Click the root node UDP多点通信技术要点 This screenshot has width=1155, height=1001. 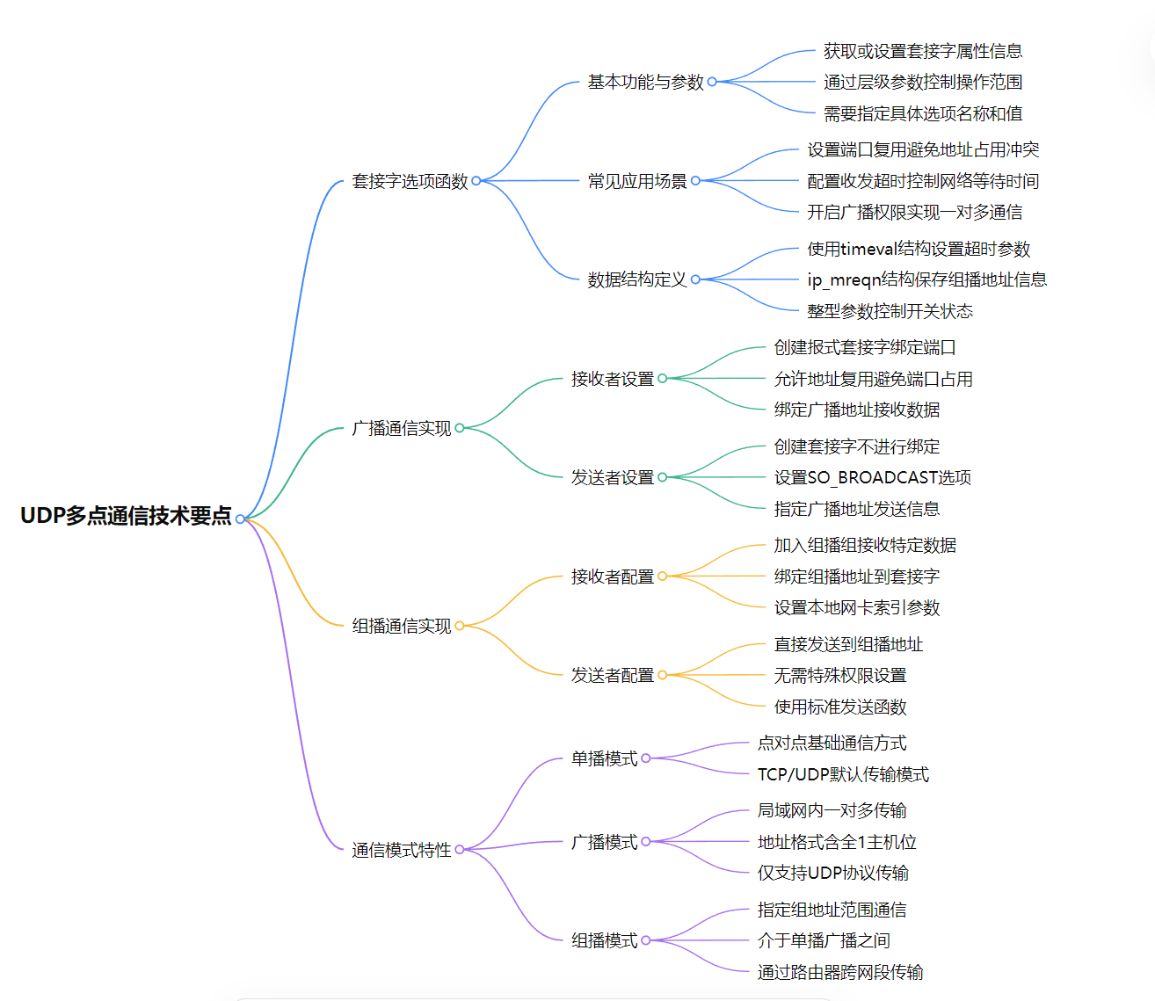pyautogui.click(x=126, y=516)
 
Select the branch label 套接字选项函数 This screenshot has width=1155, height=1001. pyautogui.click(x=410, y=181)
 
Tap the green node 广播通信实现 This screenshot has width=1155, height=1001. pyautogui.click(x=401, y=428)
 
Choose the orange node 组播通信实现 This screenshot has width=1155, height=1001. pyautogui.click(x=401, y=626)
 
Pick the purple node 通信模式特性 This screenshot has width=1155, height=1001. pyautogui.click(x=401, y=850)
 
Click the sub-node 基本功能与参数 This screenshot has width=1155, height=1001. pyautogui.click(x=645, y=82)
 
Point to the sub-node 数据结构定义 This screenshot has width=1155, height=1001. pyautogui.click(x=636, y=279)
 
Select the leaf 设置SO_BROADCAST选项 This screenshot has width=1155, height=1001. pyautogui.click(x=872, y=477)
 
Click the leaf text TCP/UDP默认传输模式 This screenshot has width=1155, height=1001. pyautogui.click(x=843, y=774)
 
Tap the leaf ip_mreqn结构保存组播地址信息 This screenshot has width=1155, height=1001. pyautogui.click(x=926, y=279)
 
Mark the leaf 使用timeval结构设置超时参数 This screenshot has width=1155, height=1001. pyautogui.click(x=919, y=249)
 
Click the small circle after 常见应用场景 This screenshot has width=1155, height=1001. pyautogui.click(x=695, y=181)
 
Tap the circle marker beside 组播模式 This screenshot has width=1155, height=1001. pyautogui.click(x=646, y=940)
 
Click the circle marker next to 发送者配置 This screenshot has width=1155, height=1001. pyautogui.click(x=662, y=675)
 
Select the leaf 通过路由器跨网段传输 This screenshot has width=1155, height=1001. pyautogui.click(x=839, y=972)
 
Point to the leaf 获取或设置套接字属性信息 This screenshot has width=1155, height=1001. pyautogui.click(x=922, y=51)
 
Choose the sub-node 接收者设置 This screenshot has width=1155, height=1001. pyautogui.click(x=612, y=379)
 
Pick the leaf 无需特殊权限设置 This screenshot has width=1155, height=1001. pyautogui.click(x=839, y=675)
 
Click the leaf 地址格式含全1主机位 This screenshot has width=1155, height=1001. pyautogui.click(x=837, y=842)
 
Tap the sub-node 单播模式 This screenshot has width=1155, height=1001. pyautogui.click(x=604, y=758)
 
